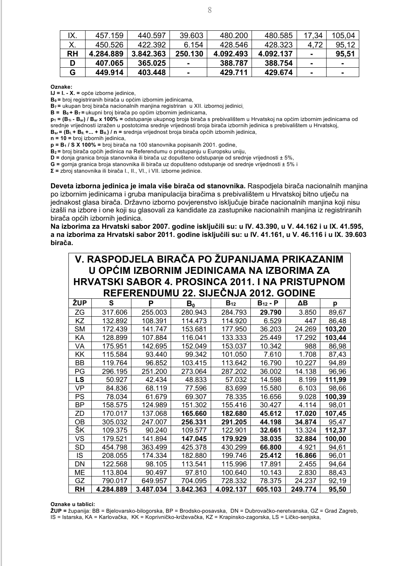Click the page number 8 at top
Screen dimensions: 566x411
point(210,11)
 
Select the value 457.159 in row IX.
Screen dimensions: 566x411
point(109,35)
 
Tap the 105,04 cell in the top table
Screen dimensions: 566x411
point(343,35)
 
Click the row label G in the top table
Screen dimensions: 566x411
point(72,72)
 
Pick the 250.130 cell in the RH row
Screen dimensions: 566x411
point(189,54)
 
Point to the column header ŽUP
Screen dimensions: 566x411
point(80,303)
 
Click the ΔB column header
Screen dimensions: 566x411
point(302,303)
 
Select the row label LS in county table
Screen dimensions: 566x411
point(80,380)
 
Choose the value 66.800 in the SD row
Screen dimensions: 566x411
point(269,447)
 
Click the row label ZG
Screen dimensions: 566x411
point(80,312)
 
